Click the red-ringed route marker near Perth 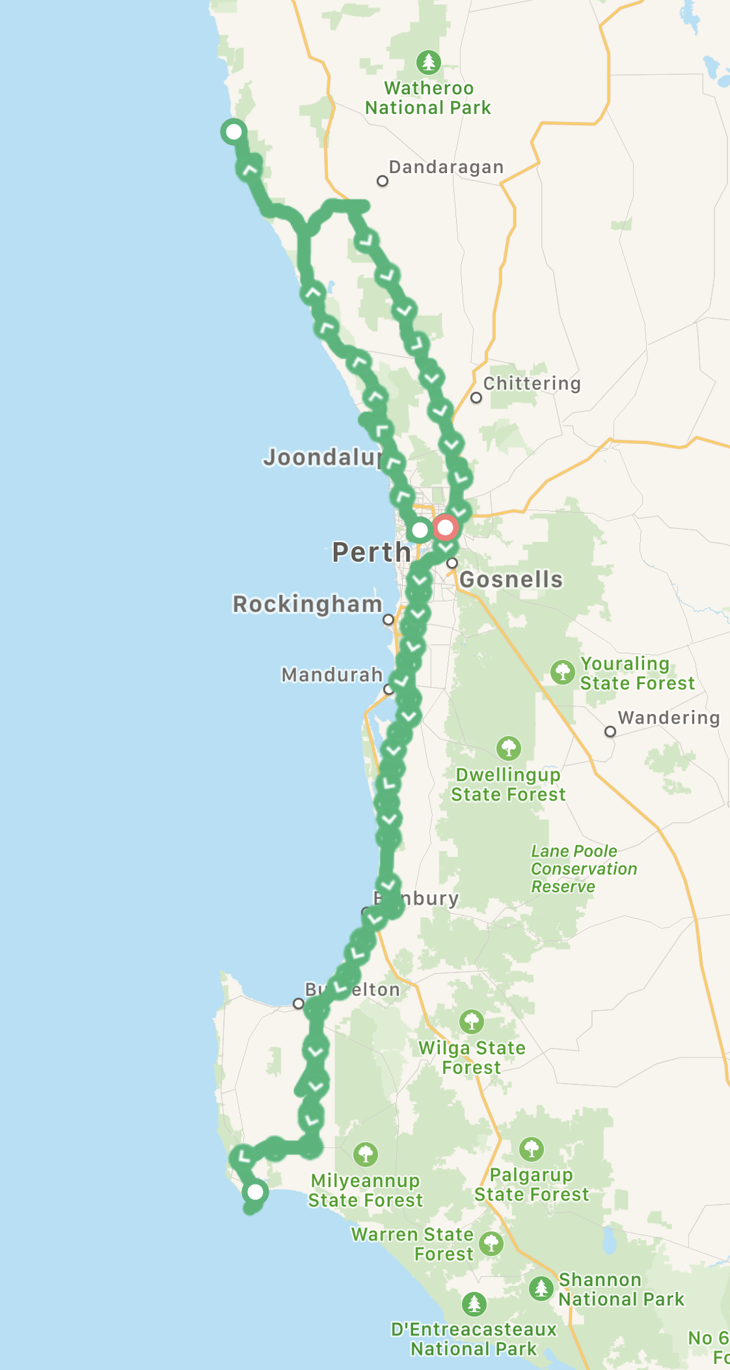pyautogui.click(x=445, y=527)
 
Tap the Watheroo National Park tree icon pyautogui.click(x=428, y=62)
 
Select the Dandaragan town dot pyautogui.click(x=383, y=181)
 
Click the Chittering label pyautogui.click(x=532, y=383)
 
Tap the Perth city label pyautogui.click(x=372, y=552)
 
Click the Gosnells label pyautogui.click(x=511, y=579)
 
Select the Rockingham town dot pyautogui.click(x=388, y=620)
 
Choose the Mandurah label pyautogui.click(x=332, y=674)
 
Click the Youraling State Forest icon pyautogui.click(x=562, y=672)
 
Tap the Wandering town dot pyautogui.click(x=610, y=732)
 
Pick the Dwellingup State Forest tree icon pyautogui.click(x=508, y=748)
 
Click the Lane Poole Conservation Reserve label pyautogui.click(x=584, y=869)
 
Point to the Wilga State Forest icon pyautogui.click(x=471, y=1022)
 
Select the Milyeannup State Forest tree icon pyautogui.click(x=365, y=1154)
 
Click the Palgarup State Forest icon pyautogui.click(x=532, y=1149)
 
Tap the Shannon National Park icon pyautogui.click(x=541, y=1287)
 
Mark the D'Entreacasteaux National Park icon pyautogui.click(x=474, y=1304)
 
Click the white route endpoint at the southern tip pyautogui.click(x=255, y=1192)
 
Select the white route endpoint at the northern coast pyautogui.click(x=233, y=131)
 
